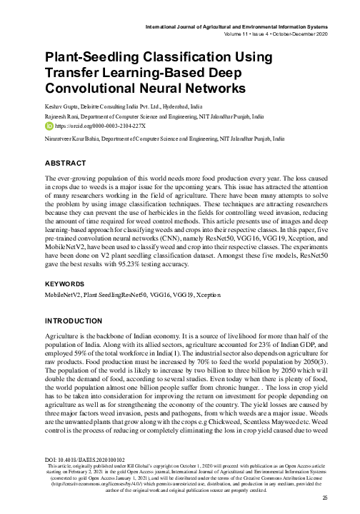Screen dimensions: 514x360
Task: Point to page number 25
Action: click(324, 498)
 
